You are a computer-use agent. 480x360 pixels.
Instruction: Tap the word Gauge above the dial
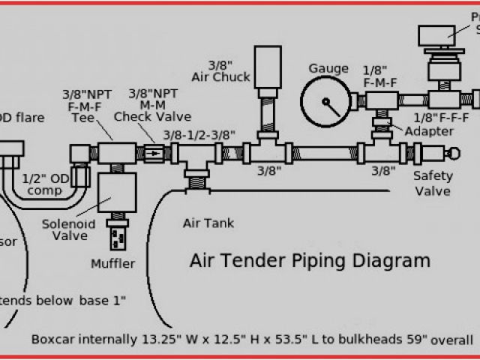pos(328,69)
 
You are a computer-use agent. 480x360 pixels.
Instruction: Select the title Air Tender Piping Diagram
pos(310,261)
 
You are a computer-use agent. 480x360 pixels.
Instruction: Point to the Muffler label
pos(112,263)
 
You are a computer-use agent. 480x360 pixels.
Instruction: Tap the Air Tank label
pos(208,223)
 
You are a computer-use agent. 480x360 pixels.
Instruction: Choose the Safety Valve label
pos(433,184)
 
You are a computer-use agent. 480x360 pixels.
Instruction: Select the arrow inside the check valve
pos(152,154)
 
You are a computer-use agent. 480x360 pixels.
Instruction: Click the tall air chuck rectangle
pos(267,70)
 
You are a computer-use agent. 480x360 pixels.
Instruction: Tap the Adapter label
pos(429,131)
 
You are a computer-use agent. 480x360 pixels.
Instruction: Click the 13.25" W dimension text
pos(160,338)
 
